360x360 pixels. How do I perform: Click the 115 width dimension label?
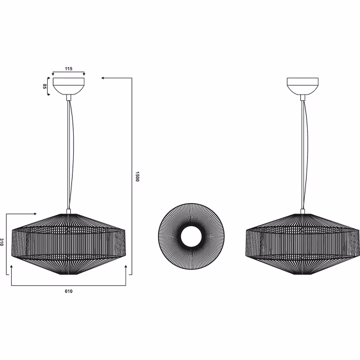tap(68, 69)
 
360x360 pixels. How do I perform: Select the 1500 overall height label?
tap(137, 176)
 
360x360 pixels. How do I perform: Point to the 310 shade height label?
tap(3, 243)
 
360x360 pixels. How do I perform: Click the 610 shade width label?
tap(68, 291)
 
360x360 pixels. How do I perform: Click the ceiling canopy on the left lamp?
tap(68, 86)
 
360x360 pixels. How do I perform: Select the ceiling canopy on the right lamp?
tap(303, 86)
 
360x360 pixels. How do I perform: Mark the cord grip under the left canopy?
tap(69, 97)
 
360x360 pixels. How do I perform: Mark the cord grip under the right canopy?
tap(303, 97)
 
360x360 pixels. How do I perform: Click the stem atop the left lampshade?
tap(69, 212)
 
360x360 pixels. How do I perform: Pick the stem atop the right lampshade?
tap(303, 212)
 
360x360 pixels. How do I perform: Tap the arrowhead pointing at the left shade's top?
tap(35, 214)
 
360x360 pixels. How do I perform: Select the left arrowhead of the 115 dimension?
tap(53, 74)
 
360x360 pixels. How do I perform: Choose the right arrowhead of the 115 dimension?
tap(83, 74)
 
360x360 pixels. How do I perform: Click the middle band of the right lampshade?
tap(303, 243)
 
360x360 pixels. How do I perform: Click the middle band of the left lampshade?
tap(69, 243)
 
